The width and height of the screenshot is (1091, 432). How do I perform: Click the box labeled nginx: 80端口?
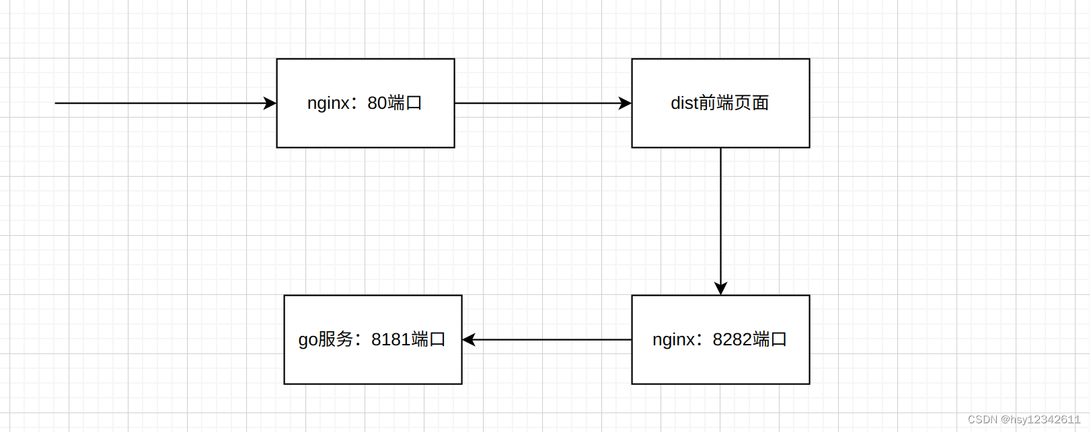pos(365,128)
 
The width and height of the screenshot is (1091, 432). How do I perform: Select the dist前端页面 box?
pos(720,128)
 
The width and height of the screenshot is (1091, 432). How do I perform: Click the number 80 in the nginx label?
pos(377,103)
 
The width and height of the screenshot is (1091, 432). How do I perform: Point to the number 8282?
pos(732,339)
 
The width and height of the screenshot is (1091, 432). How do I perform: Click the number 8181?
pos(390,339)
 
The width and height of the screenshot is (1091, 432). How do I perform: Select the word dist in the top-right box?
pos(684,103)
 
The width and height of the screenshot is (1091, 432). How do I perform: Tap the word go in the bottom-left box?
pos(308,340)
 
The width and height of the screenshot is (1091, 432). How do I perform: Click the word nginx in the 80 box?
pos(328,103)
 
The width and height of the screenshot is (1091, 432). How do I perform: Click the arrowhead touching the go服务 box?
pos(469,339)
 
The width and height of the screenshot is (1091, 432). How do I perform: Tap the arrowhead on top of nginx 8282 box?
pos(720,288)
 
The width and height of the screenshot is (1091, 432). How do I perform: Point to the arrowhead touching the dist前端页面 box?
pos(625,103)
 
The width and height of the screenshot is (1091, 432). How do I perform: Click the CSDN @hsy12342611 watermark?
pos(1024,419)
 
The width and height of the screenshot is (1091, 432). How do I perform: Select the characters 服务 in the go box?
pos(336,339)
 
